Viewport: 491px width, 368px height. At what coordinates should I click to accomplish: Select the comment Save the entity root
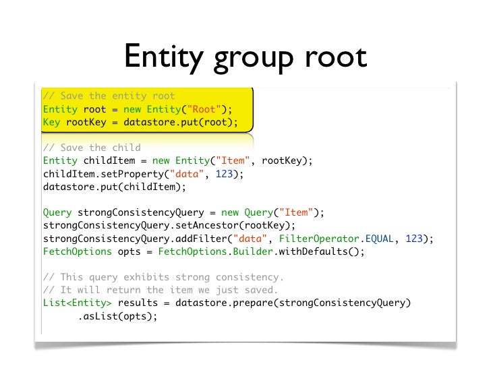pos(109,96)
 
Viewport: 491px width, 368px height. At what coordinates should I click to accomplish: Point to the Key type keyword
pos(51,122)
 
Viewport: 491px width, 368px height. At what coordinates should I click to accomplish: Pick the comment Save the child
pos(91,148)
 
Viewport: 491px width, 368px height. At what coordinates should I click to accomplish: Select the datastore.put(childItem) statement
pos(113,187)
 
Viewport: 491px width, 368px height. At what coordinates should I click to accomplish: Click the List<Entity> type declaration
pos(77,303)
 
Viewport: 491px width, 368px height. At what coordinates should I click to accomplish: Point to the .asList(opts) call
pos(117,315)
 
